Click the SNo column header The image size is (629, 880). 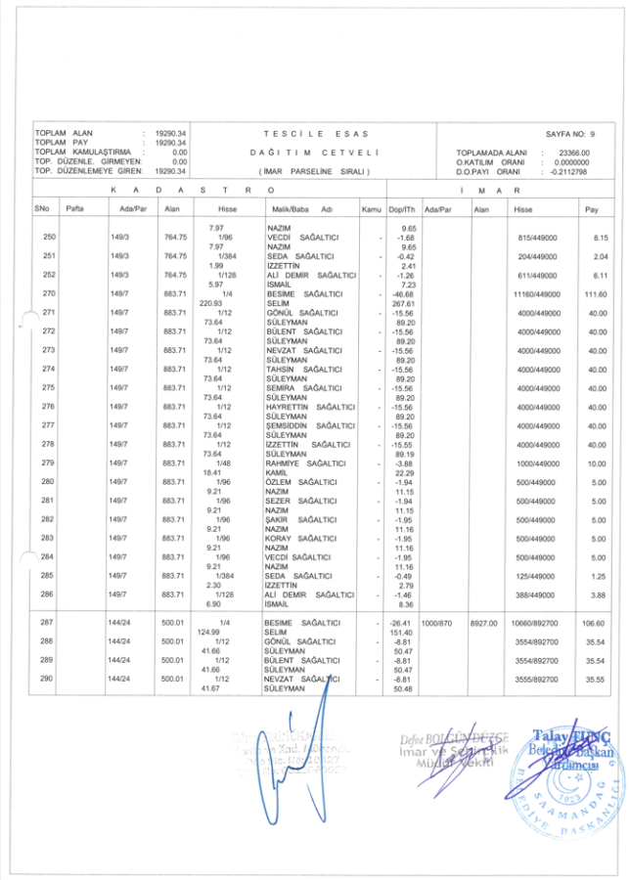pos(42,209)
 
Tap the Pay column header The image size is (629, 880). pos(591,209)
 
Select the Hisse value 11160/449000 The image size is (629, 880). pos(536,294)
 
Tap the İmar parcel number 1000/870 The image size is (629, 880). pos(436,623)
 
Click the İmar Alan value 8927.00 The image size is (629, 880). pos(483,623)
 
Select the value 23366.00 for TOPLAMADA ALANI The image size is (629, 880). pos(573,153)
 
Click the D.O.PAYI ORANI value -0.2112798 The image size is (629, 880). pos(568,171)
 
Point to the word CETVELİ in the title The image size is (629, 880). pos(351,153)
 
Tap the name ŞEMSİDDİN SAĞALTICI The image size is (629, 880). pos(310,425)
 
